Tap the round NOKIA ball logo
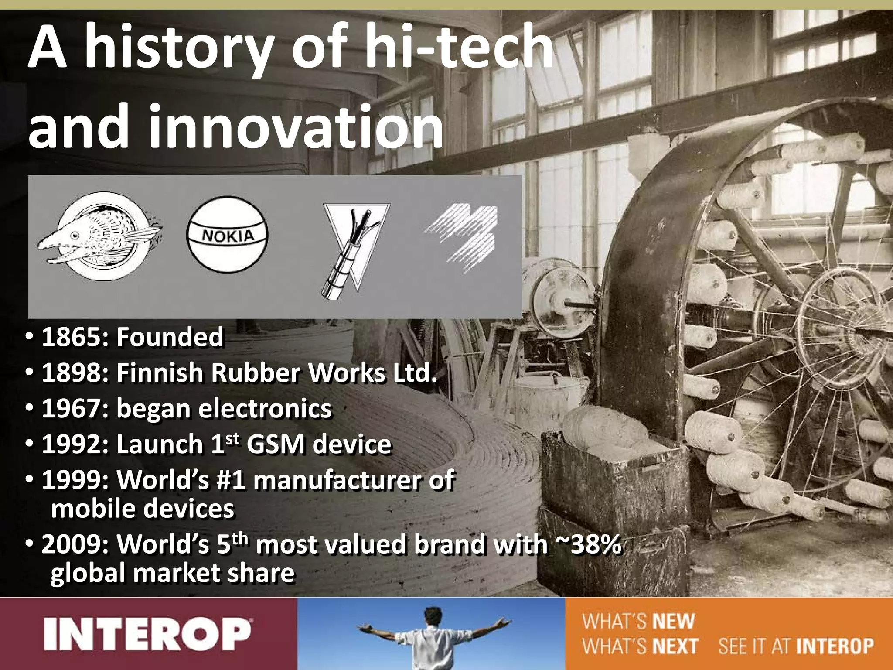point(227,235)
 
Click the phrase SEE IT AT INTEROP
point(796,646)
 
